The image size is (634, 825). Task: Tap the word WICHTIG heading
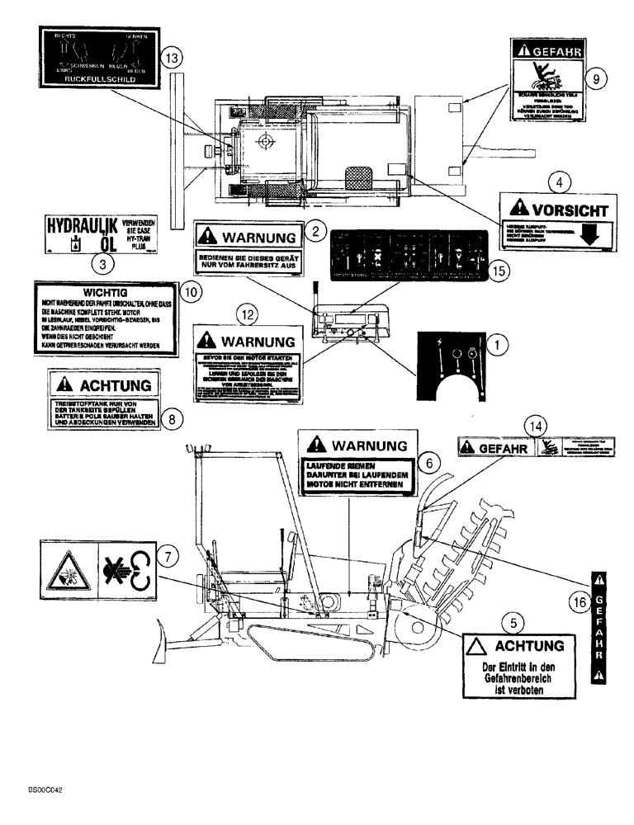(x=103, y=292)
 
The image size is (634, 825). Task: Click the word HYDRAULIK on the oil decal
(x=80, y=225)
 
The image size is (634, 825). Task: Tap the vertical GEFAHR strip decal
(x=600, y=628)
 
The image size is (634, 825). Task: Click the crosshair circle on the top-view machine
(x=265, y=142)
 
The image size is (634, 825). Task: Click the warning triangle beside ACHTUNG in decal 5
(x=476, y=644)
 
